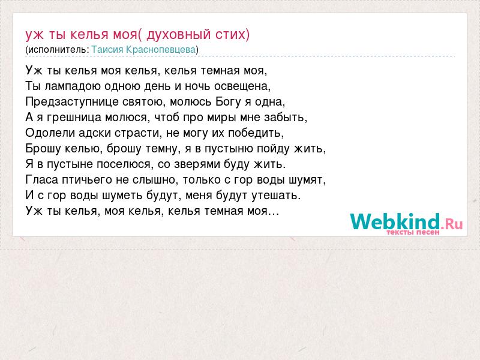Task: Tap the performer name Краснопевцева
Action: coord(165,50)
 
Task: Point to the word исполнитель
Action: coord(57,50)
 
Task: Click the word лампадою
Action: coord(73,86)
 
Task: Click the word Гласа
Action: coord(41,180)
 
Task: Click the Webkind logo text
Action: coord(395,221)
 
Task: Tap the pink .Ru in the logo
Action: coord(452,224)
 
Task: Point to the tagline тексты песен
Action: coord(413,232)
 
